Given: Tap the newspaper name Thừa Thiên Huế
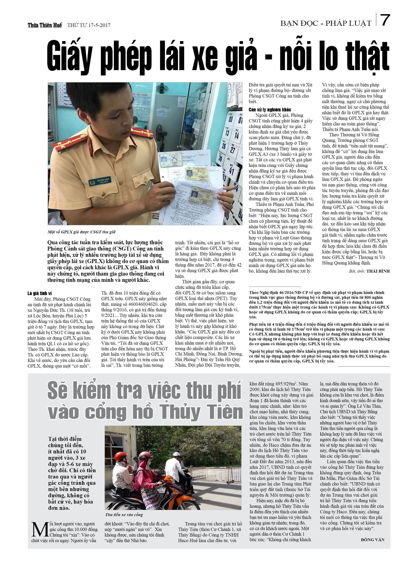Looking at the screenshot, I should coord(45,25).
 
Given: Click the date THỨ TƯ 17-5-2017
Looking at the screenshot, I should coord(89,25).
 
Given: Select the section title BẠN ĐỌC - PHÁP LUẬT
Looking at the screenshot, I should coord(326,23).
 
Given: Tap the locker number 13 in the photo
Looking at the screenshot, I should coord(227,133).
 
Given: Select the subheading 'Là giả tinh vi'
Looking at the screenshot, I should coord(40,293).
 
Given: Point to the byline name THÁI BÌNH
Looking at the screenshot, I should coord(378,271).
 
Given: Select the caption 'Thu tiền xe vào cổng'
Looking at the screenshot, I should coord(124,515).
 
